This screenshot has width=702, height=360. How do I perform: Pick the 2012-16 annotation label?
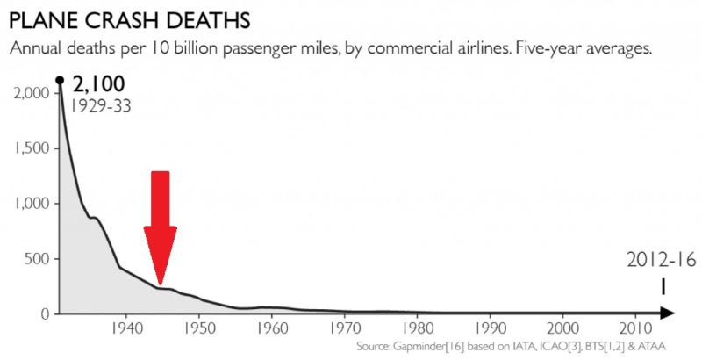pyautogui.click(x=660, y=261)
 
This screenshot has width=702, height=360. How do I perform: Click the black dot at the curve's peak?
pyautogui.click(x=60, y=80)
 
